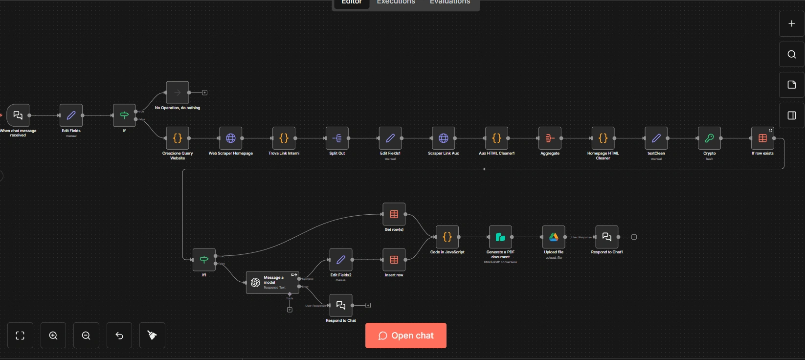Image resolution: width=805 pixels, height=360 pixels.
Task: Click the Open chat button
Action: pyautogui.click(x=405, y=336)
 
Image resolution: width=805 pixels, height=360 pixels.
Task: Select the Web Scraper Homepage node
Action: pyautogui.click(x=231, y=138)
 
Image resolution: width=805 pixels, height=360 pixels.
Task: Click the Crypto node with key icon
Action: pyautogui.click(x=709, y=138)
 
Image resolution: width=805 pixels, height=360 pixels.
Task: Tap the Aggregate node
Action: pyautogui.click(x=550, y=138)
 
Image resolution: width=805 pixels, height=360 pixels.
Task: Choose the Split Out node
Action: pyautogui.click(x=337, y=138)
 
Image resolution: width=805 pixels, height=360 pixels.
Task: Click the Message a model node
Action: pyautogui.click(x=272, y=283)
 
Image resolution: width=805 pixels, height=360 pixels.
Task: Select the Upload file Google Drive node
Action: pyautogui.click(x=554, y=237)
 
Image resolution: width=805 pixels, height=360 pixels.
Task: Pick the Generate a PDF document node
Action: pyautogui.click(x=500, y=237)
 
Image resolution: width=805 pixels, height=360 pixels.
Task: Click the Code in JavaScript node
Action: pyautogui.click(x=447, y=237)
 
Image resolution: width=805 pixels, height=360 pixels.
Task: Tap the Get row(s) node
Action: pyautogui.click(x=394, y=214)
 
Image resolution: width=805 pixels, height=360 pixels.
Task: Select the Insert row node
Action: pyautogui.click(x=394, y=260)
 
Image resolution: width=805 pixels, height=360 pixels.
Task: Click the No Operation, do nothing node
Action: pyautogui.click(x=178, y=92)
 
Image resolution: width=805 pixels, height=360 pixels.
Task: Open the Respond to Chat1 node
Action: pyautogui.click(x=607, y=237)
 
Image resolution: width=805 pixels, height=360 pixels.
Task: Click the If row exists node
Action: pyautogui.click(x=762, y=138)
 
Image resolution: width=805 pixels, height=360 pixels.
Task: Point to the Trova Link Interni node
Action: pyautogui.click(x=284, y=138)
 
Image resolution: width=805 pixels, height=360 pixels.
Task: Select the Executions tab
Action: pyautogui.click(x=396, y=2)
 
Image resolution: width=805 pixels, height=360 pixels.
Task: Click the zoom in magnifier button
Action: pyautogui.click(x=53, y=336)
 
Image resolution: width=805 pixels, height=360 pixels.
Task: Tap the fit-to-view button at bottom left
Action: pyautogui.click(x=20, y=336)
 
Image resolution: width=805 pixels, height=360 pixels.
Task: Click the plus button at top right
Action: pyautogui.click(x=791, y=23)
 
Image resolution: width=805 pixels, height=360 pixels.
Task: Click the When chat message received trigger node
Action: pyautogui.click(x=18, y=115)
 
